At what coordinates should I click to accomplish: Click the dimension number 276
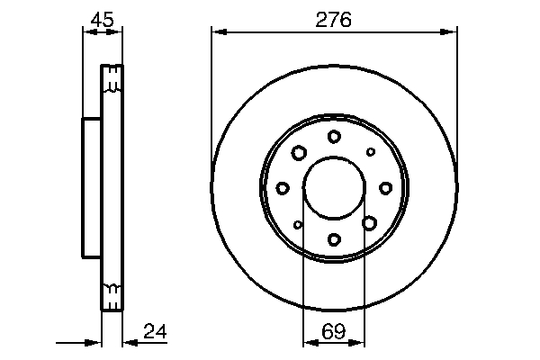point(334,19)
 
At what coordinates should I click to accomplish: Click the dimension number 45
point(101,19)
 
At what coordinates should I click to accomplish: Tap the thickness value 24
point(156,333)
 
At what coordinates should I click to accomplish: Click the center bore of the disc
point(334,187)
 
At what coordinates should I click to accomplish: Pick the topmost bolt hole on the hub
point(334,136)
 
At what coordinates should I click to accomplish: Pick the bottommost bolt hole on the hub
point(334,239)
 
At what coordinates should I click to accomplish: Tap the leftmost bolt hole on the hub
point(283,187)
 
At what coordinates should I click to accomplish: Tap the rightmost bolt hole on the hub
point(385,187)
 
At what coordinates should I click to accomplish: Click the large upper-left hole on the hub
point(299,153)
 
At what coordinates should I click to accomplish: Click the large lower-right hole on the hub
point(369,222)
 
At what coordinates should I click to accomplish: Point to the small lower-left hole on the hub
point(298,224)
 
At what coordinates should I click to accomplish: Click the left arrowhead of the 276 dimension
point(216,33)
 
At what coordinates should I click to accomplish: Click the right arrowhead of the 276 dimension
point(452,33)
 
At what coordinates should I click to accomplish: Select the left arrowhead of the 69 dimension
point(307,342)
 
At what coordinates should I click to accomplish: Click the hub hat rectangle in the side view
point(90,187)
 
